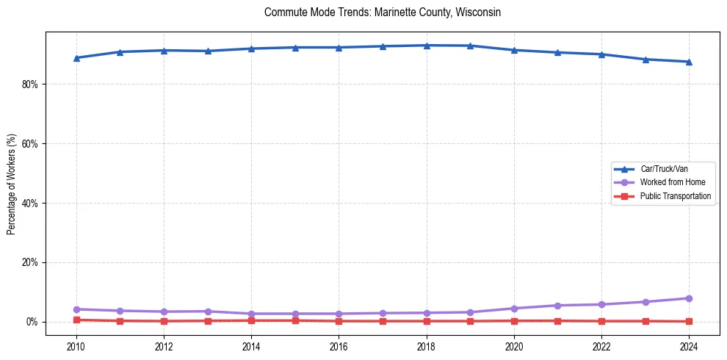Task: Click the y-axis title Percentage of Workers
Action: pyautogui.click(x=12, y=183)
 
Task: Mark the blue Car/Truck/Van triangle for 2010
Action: pyautogui.click(x=76, y=58)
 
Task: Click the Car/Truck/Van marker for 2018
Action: pyautogui.click(x=427, y=46)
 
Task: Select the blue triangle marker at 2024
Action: pyautogui.click(x=689, y=62)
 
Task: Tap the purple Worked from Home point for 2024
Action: pyautogui.click(x=689, y=298)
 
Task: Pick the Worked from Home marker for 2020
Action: pyautogui.click(x=514, y=309)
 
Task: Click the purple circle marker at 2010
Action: pyautogui.click(x=76, y=309)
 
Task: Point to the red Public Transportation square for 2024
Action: pyautogui.click(x=689, y=321)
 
